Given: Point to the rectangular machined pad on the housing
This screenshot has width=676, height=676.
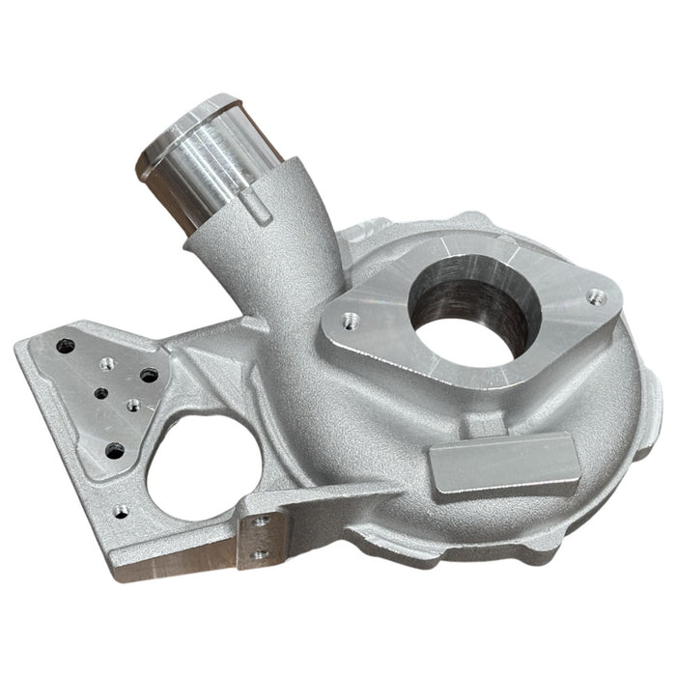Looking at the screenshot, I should point(492,469).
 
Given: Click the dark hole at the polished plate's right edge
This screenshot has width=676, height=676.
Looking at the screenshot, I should point(150,374).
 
